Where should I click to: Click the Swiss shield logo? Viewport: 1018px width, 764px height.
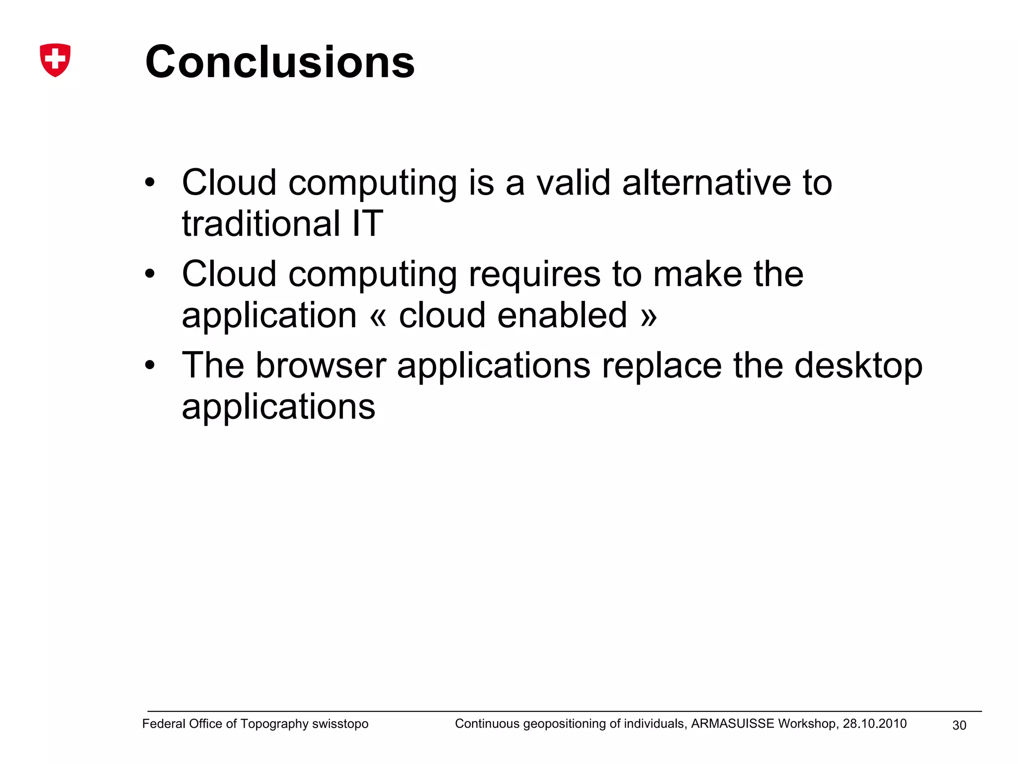[55, 60]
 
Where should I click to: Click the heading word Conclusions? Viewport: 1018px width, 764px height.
[280, 62]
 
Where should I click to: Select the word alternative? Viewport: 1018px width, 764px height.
[706, 183]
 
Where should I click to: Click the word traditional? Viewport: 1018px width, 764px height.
[261, 223]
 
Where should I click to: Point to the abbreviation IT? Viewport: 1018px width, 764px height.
[368, 223]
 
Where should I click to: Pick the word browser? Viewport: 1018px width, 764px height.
[321, 366]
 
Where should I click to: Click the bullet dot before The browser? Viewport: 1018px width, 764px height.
[150, 366]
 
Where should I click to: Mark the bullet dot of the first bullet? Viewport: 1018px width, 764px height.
[150, 183]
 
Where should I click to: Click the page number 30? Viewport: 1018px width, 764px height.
[959, 726]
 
